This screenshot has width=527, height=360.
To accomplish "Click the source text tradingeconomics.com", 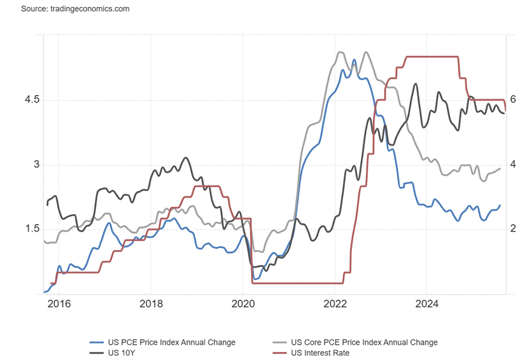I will tap(75, 9).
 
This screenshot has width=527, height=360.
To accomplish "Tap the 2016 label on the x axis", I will tap(58, 304).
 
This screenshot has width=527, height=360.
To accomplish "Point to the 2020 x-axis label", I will tap(242, 304).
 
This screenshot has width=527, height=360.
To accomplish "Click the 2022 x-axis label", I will tap(335, 304).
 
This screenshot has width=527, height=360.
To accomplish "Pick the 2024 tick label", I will tap(427, 304).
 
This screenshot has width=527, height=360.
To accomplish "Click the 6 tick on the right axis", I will tap(512, 100).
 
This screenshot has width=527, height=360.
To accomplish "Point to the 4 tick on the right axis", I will tap(512, 165).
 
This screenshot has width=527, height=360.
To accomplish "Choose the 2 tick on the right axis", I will tap(512, 229).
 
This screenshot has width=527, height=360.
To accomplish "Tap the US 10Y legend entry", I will tap(122, 352).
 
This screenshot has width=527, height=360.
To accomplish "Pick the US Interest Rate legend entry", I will tap(320, 352).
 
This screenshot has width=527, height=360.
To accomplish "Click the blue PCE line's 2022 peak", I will tap(354, 60).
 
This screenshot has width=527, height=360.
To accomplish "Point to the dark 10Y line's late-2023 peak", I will tap(416, 83).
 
